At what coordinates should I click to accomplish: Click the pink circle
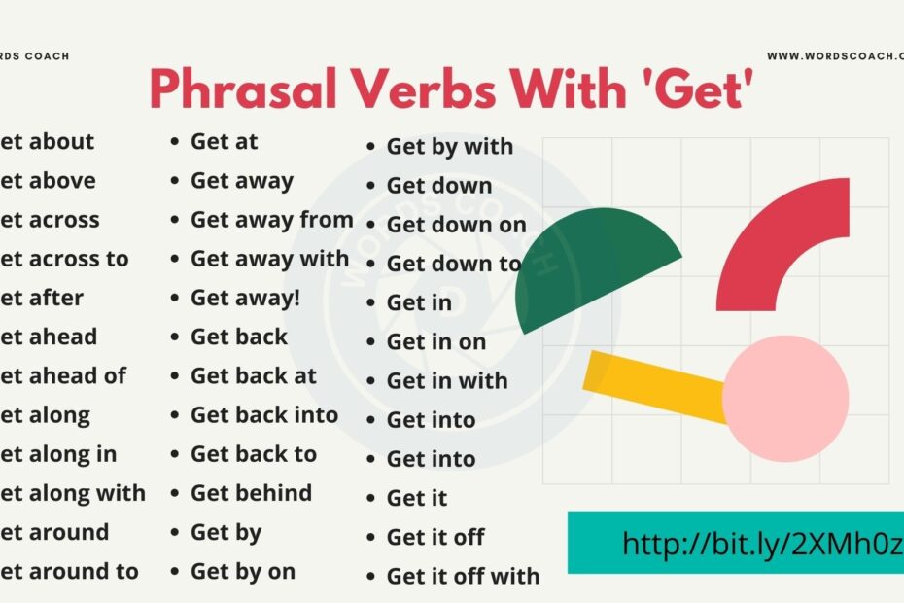point(785,398)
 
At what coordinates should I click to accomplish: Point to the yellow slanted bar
point(651,383)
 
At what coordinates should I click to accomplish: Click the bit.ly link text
point(762,543)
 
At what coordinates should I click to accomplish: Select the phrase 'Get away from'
point(271,220)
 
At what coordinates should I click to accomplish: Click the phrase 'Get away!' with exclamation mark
point(245,298)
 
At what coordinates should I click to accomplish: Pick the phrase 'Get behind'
point(251,493)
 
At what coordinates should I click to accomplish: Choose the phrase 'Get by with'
point(449,147)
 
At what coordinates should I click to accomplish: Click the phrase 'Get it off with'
point(463,576)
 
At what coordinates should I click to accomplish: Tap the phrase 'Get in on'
point(435,341)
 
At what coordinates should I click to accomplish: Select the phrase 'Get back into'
point(263,415)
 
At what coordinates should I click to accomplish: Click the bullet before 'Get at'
point(175,142)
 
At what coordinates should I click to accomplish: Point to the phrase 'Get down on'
point(456,225)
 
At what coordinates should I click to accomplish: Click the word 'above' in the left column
point(62,181)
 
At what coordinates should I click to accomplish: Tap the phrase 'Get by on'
point(242,572)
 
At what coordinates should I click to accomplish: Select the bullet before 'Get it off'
point(371,538)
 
